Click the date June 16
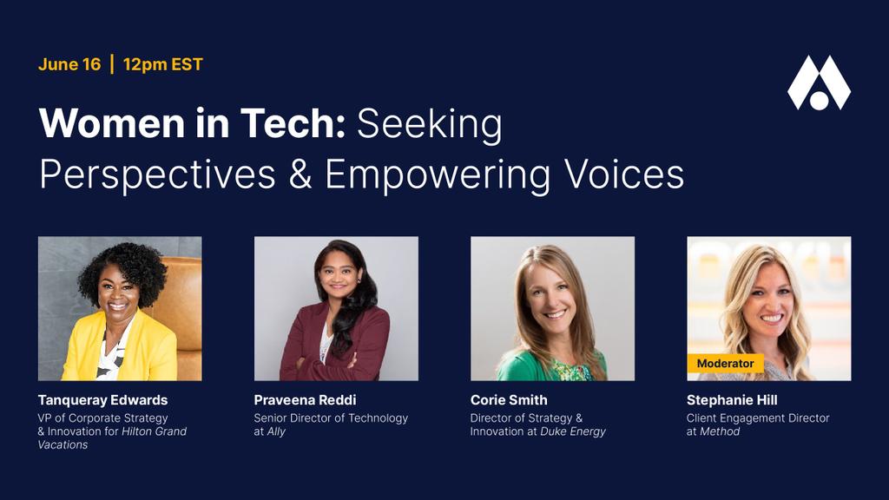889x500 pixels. (x=69, y=64)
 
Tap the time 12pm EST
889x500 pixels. (x=162, y=64)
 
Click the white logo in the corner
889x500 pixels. (x=819, y=82)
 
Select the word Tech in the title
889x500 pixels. (x=293, y=123)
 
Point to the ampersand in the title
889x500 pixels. (x=300, y=174)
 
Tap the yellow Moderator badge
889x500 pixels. (x=725, y=364)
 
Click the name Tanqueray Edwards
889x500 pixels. (x=102, y=400)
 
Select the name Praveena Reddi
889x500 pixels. (x=305, y=400)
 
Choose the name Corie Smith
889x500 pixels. (x=509, y=400)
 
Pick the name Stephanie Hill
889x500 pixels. (x=732, y=400)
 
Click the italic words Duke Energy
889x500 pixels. (x=573, y=431)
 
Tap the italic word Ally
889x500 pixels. (x=276, y=431)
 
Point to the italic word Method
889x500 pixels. (x=720, y=431)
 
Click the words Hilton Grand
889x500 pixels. (x=155, y=431)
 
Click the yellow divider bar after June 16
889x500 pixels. (x=112, y=64)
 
